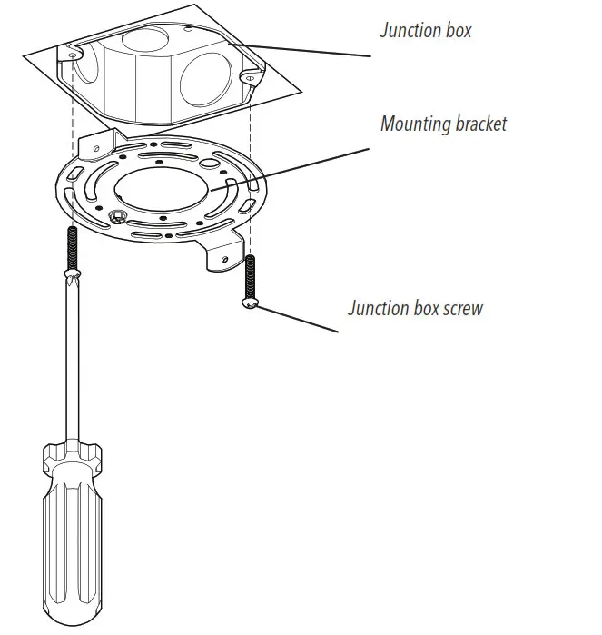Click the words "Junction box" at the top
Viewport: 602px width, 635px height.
(x=425, y=31)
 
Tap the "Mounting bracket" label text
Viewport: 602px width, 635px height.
(x=443, y=124)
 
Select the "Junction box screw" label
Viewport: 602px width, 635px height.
(x=415, y=308)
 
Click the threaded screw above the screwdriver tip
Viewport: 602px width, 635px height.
(x=69, y=245)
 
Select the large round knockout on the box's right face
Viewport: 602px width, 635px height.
(x=205, y=86)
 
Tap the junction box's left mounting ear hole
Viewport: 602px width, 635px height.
(x=70, y=55)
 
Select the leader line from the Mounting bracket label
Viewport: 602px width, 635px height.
(x=300, y=167)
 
